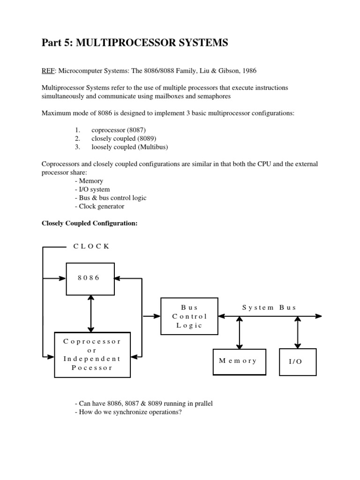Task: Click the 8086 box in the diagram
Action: click(x=90, y=278)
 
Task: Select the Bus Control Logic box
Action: click(x=189, y=316)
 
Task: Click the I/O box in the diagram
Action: click(x=298, y=362)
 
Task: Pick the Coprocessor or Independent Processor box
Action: click(x=92, y=354)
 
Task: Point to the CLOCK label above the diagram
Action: click(x=91, y=247)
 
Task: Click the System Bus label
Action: click(x=269, y=307)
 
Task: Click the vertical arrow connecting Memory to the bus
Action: click(x=240, y=332)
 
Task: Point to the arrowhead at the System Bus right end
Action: click(x=318, y=316)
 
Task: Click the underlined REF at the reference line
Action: click(x=48, y=70)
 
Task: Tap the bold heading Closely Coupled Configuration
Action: click(x=90, y=223)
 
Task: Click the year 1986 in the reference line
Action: click(x=248, y=70)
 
